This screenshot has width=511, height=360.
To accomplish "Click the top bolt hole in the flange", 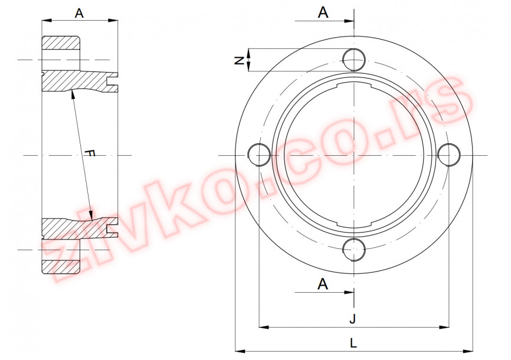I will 354,59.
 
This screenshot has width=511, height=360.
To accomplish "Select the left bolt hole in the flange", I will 258,155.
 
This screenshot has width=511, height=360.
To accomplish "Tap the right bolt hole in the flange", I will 450,155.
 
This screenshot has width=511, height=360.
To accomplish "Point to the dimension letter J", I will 353,319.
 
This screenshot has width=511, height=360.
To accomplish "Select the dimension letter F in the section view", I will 89,153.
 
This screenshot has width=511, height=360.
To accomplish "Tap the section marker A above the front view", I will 323,13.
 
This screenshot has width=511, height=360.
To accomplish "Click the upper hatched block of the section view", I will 60,44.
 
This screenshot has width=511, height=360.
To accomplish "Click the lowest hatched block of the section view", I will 60,266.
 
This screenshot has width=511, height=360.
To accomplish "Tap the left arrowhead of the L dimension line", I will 239,349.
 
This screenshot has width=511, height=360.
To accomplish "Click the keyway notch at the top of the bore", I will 354,87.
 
